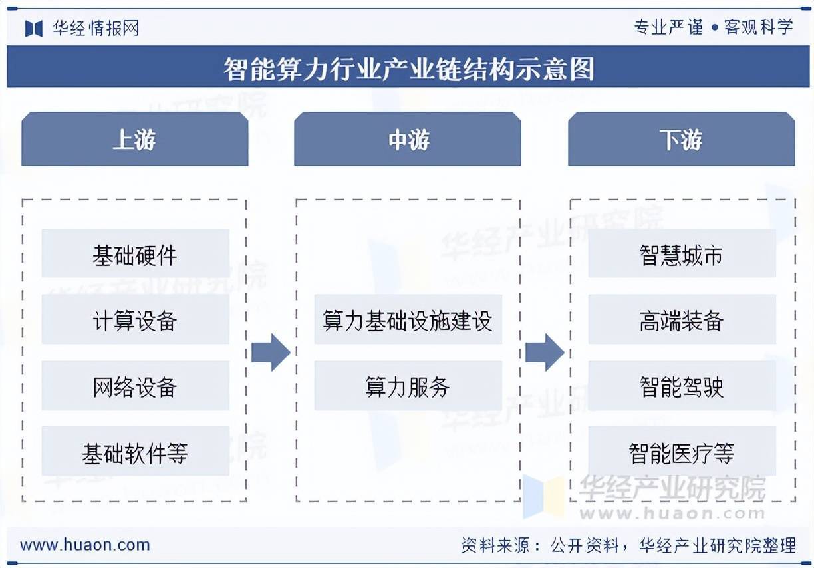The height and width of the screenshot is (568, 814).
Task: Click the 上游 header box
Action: [x=135, y=139]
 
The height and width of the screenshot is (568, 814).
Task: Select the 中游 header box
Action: [x=408, y=139]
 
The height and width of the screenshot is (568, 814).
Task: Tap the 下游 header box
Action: [x=682, y=139]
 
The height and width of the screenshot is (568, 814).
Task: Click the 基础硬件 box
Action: [x=136, y=253]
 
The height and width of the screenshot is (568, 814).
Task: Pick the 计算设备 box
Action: [x=136, y=319]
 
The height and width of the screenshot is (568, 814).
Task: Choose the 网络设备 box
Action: [x=136, y=386]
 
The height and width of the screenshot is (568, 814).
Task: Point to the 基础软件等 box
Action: [x=136, y=451]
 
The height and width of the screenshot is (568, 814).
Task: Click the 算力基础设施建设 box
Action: [x=408, y=319]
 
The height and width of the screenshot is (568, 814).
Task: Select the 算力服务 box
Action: [x=408, y=386]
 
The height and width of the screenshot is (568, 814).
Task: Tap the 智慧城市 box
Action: [x=682, y=253]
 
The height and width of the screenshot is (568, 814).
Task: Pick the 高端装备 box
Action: [x=682, y=319]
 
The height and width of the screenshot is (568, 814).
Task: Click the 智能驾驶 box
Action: [x=682, y=386]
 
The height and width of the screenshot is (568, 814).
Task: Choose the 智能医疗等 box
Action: [x=682, y=451]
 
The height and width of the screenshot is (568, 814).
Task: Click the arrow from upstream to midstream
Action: [x=271, y=353]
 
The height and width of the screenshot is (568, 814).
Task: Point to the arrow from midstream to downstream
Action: [x=545, y=353]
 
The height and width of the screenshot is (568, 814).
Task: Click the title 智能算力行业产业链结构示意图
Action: [x=409, y=69]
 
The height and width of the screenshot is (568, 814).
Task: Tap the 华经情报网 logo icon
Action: [x=34, y=29]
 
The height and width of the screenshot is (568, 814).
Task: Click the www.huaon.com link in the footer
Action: [x=85, y=545]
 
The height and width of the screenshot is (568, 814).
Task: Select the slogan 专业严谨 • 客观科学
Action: [x=714, y=27]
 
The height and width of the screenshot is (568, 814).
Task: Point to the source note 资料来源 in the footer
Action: [x=628, y=545]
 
